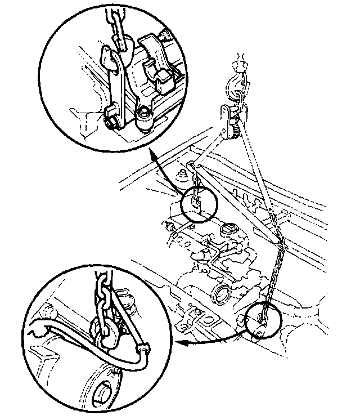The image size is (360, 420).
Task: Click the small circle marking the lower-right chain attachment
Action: pos(263,319)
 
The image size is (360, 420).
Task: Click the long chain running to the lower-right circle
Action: pos(273,276)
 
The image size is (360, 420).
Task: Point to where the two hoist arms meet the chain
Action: pos(280,243)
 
